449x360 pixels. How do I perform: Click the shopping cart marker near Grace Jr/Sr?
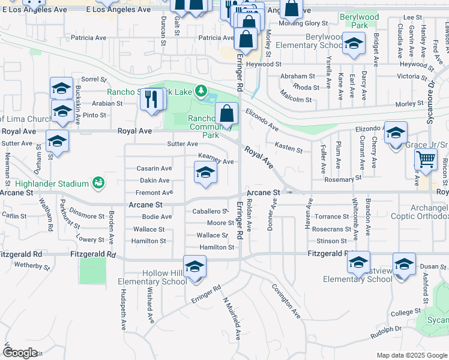point(426,160)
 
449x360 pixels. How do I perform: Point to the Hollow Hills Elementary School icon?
point(194,266)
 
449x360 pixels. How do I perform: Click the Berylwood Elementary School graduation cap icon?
point(354,43)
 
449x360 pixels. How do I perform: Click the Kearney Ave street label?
point(215,161)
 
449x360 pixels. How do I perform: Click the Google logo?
point(20,353)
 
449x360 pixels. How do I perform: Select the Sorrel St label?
point(93,79)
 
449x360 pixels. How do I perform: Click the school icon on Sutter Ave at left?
point(57,141)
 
